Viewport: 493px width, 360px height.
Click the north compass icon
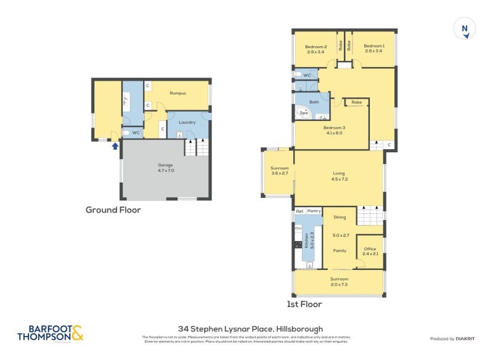(465, 28)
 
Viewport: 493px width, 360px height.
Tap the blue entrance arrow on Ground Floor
(114, 145)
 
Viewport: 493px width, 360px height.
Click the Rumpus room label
(178, 93)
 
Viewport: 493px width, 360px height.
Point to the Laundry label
(187, 122)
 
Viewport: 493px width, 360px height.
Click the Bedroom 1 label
(373, 46)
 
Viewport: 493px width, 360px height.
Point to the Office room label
(370, 249)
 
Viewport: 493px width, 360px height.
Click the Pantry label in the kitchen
(314, 211)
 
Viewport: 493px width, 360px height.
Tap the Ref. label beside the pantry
(300, 211)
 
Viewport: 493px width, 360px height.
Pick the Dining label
(340, 217)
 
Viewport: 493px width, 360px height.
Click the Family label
(340, 251)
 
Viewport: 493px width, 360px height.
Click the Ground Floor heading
(113, 210)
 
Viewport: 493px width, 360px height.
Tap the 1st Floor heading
(304, 304)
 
